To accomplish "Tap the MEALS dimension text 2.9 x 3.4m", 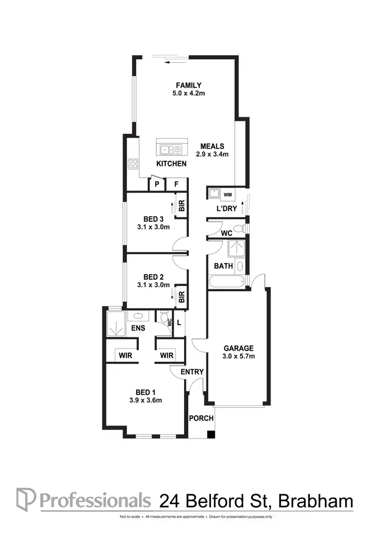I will point(212,154).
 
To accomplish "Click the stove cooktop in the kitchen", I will point(133,163).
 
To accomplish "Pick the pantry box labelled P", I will point(157,185).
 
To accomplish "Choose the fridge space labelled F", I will point(176,185).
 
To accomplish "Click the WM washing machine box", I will point(228,194).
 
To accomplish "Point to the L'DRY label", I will point(226,209).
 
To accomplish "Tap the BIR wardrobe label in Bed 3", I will point(182,206).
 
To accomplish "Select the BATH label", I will point(223,266).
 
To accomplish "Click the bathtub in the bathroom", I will point(227,282).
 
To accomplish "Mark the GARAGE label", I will point(239,348).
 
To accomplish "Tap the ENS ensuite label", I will point(138,328).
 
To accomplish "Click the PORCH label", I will point(201,419).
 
